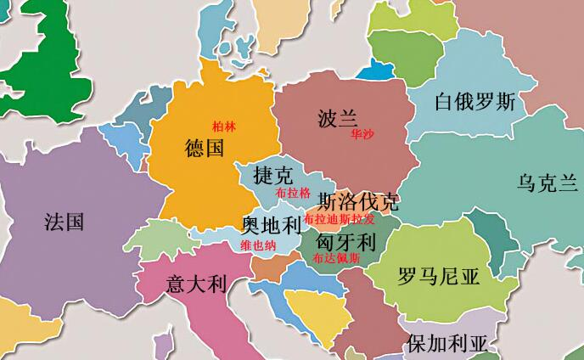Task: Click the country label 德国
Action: (204, 149)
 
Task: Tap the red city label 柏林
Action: (224, 127)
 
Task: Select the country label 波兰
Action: (337, 117)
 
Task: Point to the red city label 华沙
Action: (361, 134)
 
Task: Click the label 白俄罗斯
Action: (474, 103)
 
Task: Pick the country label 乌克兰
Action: (547, 182)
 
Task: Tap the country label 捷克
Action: (273, 176)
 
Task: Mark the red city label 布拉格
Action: (293, 194)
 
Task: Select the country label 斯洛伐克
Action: (357, 202)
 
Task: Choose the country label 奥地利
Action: (272, 226)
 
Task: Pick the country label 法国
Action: (64, 222)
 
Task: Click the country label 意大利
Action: (196, 283)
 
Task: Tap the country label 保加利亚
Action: (447, 345)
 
